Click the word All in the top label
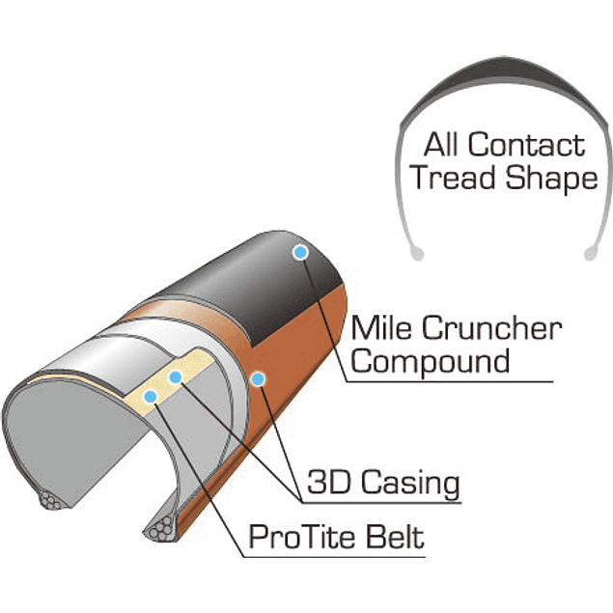point(443,146)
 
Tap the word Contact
point(526,146)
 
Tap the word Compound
point(430,362)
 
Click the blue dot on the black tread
point(300,252)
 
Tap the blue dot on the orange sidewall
point(258,378)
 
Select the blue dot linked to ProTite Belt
point(150,395)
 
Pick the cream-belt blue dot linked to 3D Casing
point(176,376)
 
